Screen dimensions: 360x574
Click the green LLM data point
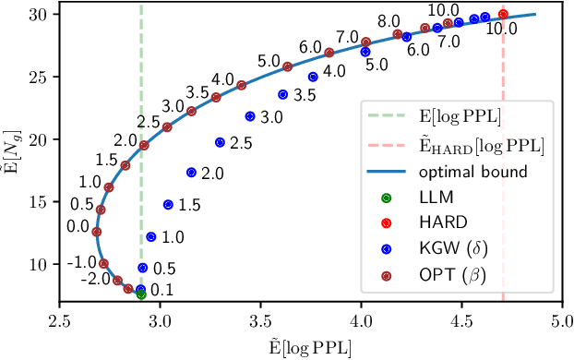[141, 294]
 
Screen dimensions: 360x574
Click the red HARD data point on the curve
[503, 14]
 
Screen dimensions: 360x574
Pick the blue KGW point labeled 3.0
[250, 116]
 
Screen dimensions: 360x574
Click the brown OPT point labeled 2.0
[144, 146]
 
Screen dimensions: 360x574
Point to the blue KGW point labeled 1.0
[151, 236]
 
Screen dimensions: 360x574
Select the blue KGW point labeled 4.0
[313, 78]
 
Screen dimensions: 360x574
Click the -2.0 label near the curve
[95, 279]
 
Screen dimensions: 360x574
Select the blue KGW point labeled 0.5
[142, 268]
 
